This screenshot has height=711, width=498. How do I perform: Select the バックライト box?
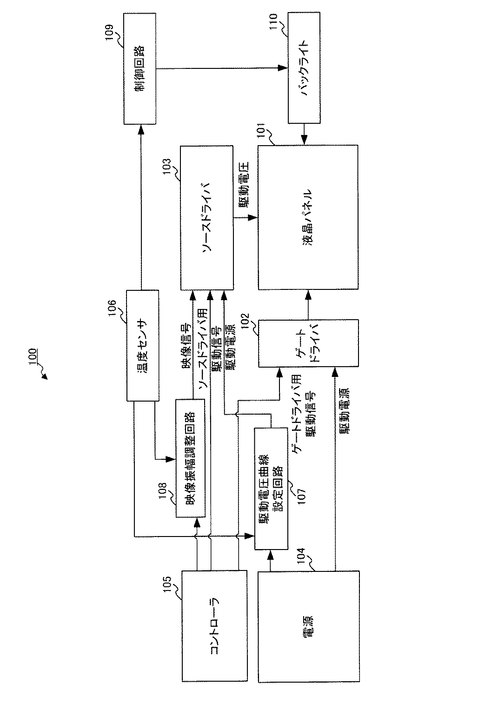(304, 68)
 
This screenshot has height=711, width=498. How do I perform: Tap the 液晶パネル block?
(308, 217)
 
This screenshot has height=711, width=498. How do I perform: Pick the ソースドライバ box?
(206, 217)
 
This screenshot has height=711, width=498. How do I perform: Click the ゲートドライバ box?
(308, 343)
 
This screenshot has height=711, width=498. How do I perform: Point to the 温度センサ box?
(143, 345)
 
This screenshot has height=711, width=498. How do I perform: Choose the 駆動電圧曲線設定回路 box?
(271, 489)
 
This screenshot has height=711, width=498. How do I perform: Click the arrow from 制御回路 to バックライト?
(221, 68)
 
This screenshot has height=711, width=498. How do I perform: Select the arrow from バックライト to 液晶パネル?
(304, 134)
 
